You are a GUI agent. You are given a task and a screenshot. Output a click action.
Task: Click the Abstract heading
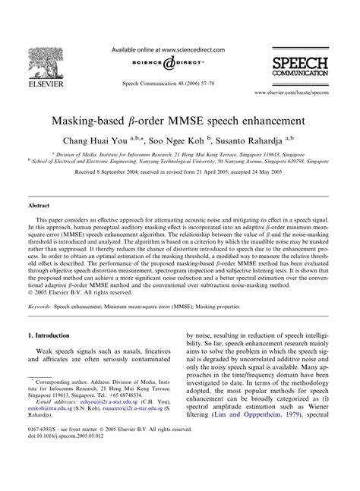point(40,206)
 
